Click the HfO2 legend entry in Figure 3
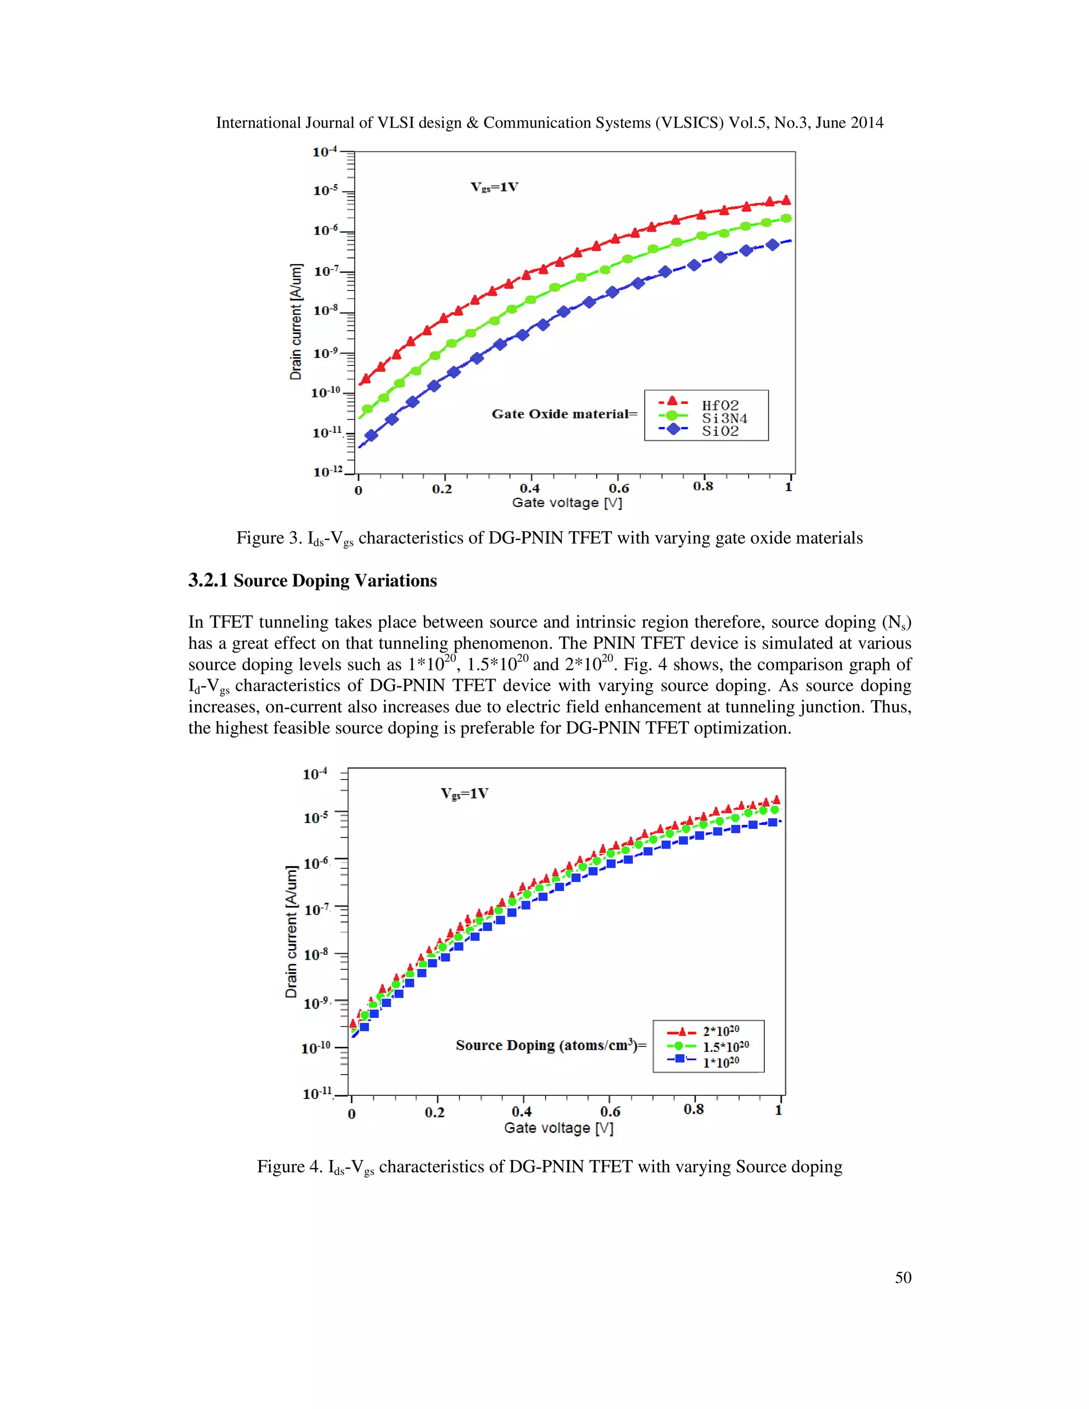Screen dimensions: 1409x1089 point(720,405)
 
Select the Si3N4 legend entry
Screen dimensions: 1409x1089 point(724,418)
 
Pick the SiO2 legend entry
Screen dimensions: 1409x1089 point(720,431)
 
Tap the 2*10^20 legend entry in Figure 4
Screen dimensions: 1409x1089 point(721,1031)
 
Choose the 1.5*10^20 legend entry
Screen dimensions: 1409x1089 point(725,1046)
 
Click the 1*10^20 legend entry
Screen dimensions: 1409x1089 point(721,1061)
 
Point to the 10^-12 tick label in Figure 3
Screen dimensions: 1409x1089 point(328,472)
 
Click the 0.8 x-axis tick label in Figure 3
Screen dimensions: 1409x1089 point(702,486)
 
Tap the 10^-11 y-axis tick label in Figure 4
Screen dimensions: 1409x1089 point(317,1093)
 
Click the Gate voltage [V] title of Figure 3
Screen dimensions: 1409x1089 point(566,502)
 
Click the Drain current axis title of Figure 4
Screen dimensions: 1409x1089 point(291,932)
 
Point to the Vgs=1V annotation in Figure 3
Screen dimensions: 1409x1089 point(494,187)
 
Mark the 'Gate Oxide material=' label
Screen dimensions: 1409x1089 point(564,414)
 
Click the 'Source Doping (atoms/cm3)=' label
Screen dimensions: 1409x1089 point(550,1045)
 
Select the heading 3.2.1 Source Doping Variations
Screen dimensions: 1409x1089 point(312,581)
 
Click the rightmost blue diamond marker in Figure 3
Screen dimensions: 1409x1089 point(772,245)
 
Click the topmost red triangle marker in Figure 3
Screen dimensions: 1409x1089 point(786,200)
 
